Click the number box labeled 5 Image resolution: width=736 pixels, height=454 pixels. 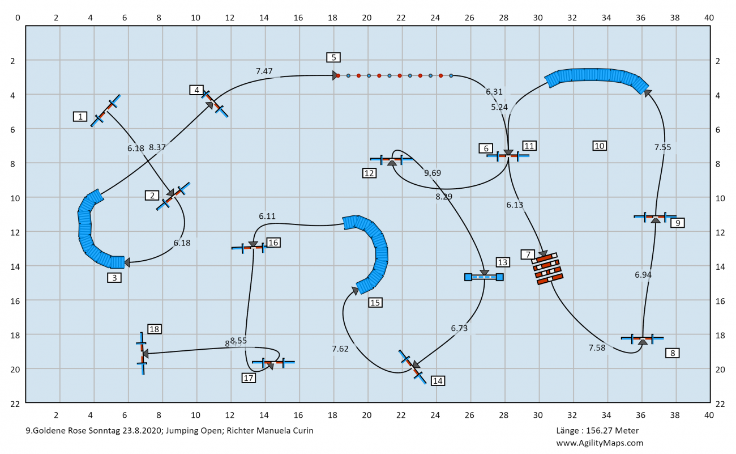pos(333,57)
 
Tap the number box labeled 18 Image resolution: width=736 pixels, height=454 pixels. pos(155,329)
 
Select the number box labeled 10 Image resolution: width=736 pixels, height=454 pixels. pos(600,146)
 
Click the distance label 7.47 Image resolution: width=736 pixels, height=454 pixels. pos(264,71)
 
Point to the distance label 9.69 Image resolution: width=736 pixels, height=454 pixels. pos(433,173)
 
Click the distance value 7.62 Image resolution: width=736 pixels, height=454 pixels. pos(340,349)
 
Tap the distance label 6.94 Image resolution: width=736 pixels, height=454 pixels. pos(644,274)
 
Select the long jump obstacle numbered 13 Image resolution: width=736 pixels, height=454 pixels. pos(484,277)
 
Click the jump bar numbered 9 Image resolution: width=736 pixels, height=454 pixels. pos(655,217)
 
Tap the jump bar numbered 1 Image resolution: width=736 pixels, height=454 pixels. pos(105,110)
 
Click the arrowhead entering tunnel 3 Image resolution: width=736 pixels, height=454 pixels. pos(127,262)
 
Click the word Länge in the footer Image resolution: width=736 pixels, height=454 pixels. pos(568,431)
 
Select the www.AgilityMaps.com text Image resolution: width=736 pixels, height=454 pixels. pos(600,443)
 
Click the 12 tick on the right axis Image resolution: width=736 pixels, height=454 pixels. pos(721,232)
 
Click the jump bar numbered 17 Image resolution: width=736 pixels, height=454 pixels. pos(273,362)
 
